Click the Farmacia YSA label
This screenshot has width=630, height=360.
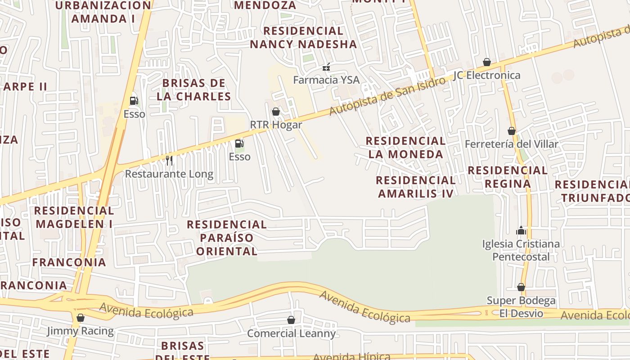(326, 80)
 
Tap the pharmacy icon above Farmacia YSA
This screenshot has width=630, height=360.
(326, 67)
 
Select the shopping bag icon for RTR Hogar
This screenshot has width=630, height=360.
(276, 112)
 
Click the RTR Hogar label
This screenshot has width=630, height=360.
(276, 125)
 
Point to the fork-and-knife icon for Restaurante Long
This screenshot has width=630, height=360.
(169, 160)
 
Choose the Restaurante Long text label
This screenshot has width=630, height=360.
(169, 174)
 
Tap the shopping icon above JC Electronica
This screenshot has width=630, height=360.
(486, 62)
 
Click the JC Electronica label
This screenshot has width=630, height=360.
(486, 75)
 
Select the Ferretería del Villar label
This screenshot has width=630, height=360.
(511, 144)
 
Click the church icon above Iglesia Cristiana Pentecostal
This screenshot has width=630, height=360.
(521, 231)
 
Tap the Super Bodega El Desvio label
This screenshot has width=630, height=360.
(521, 306)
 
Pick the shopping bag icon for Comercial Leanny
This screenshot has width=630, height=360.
(291, 320)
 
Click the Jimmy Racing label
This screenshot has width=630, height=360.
(81, 331)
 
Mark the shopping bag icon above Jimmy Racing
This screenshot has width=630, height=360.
(81, 318)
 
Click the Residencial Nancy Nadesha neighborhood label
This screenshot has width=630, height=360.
(303, 37)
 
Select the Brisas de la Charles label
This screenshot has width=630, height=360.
(193, 90)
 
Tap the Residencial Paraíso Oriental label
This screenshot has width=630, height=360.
(227, 238)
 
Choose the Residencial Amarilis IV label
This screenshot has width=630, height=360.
(416, 187)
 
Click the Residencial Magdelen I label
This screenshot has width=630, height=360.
(74, 217)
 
